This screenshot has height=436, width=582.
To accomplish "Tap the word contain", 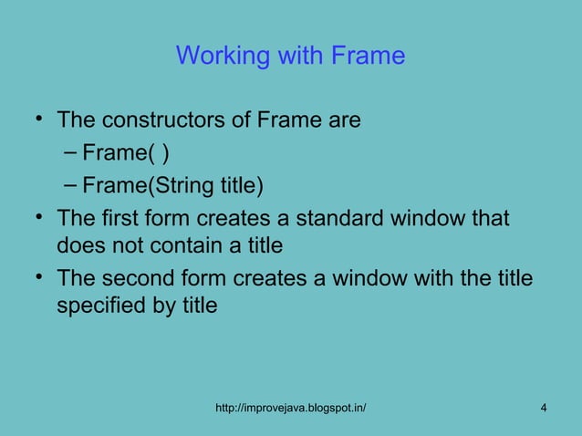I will tap(215, 244).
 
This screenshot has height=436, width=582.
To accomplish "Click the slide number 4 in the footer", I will tap(544, 406).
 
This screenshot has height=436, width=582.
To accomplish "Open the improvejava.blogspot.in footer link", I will tap(290, 406).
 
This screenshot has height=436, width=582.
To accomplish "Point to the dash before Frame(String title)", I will tap(70, 186).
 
